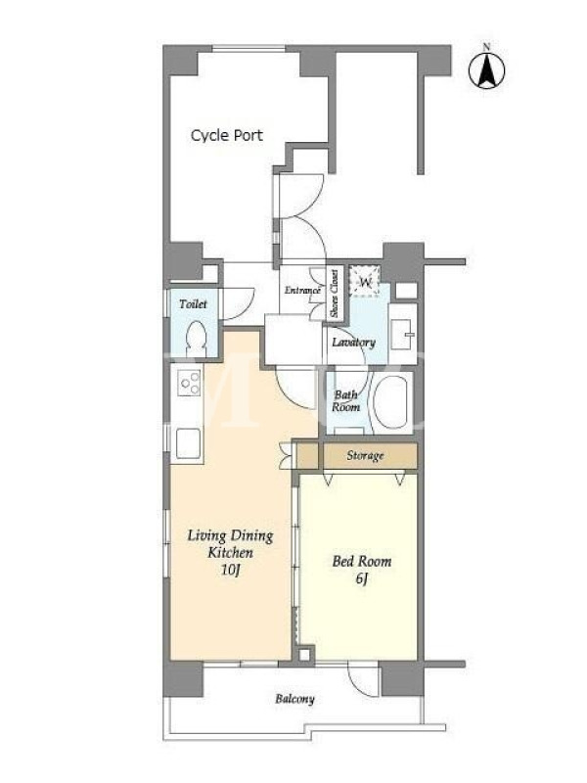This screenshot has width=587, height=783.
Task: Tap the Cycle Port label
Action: [x=227, y=135]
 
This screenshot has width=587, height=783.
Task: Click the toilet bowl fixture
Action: [x=197, y=339]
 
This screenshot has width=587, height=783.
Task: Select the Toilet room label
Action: [x=193, y=303]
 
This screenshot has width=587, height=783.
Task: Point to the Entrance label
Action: [x=302, y=290]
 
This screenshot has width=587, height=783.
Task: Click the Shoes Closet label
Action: [x=334, y=294]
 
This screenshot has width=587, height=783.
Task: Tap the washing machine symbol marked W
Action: [x=365, y=282]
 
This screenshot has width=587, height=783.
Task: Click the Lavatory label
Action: [x=353, y=343]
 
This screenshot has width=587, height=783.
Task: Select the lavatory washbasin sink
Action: [x=402, y=334]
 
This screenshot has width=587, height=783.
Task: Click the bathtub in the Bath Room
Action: [x=390, y=402]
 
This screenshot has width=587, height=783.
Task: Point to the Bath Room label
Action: [x=346, y=400]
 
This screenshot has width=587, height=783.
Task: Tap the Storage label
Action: [x=365, y=455]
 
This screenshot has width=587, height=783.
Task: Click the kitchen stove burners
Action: [x=190, y=383]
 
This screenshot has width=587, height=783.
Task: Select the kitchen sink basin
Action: [x=188, y=443]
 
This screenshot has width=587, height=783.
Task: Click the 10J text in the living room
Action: [x=231, y=570]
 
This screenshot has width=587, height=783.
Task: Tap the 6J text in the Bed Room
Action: [x=362, y=578]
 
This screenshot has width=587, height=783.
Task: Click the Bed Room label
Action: [x=362, y=561]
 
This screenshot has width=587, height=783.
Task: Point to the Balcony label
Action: [x=294, y=699]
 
